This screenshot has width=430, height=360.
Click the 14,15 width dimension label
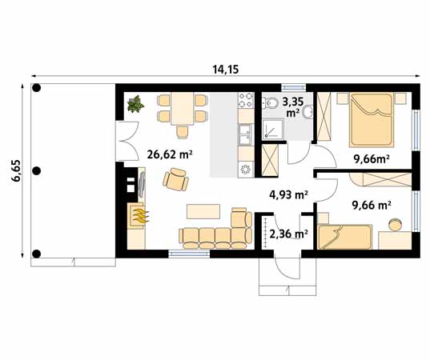coord(226,70)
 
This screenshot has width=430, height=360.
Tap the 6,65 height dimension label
coord(16,170)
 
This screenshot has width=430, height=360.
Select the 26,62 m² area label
coord(169,154)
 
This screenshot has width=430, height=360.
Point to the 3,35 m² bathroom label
coord(293,107)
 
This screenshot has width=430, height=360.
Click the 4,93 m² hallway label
coord(288,194)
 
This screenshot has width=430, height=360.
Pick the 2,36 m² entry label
coord(288,234)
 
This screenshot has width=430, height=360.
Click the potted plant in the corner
coord(135,104)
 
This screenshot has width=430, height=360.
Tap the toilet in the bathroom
coord(271,103)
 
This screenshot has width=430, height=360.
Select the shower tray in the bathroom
coord(273,130)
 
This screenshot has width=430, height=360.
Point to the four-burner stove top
coord(246,100)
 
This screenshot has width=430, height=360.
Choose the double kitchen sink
coord(246,134)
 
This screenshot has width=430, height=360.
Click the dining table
coord(183,109)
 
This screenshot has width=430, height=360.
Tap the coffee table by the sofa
coord(203,211)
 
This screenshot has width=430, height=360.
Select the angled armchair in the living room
coord(175,179)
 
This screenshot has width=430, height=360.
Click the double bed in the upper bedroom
coord(372,120)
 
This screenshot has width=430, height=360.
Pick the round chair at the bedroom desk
coord(396,224)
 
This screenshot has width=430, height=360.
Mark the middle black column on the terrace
coord(37,171)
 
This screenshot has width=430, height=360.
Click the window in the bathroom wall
coord(293,87)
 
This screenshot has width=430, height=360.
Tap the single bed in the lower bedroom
coord(344,237)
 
